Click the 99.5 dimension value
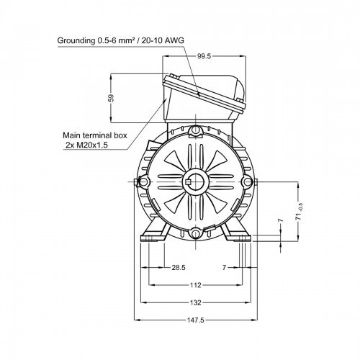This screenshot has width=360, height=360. [x=204, y=56]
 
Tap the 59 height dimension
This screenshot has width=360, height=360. [x=111, y=98]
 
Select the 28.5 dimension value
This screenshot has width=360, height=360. [x=179, y=267]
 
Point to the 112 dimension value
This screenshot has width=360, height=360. [x=195, y=285]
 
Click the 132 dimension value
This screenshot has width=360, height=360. [x=195, y=302]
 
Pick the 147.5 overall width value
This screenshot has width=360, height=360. [x=195, y=320]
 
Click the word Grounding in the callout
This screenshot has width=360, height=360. [x=76, y=41]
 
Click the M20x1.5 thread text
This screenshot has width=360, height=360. [x=92, y=145]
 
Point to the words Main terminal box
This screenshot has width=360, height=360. [x=95, y=135]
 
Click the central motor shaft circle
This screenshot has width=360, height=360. [x=196, y=181]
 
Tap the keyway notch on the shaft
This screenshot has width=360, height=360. [x=188, y=181]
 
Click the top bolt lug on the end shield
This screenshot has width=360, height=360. [x=196, y=131]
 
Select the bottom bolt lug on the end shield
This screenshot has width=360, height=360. [x=196, y=233]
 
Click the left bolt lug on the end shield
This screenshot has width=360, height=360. [x=145, y=181]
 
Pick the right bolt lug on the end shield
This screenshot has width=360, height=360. [x=247, y=181]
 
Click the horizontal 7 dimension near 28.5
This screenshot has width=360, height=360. [x=224, y=267]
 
